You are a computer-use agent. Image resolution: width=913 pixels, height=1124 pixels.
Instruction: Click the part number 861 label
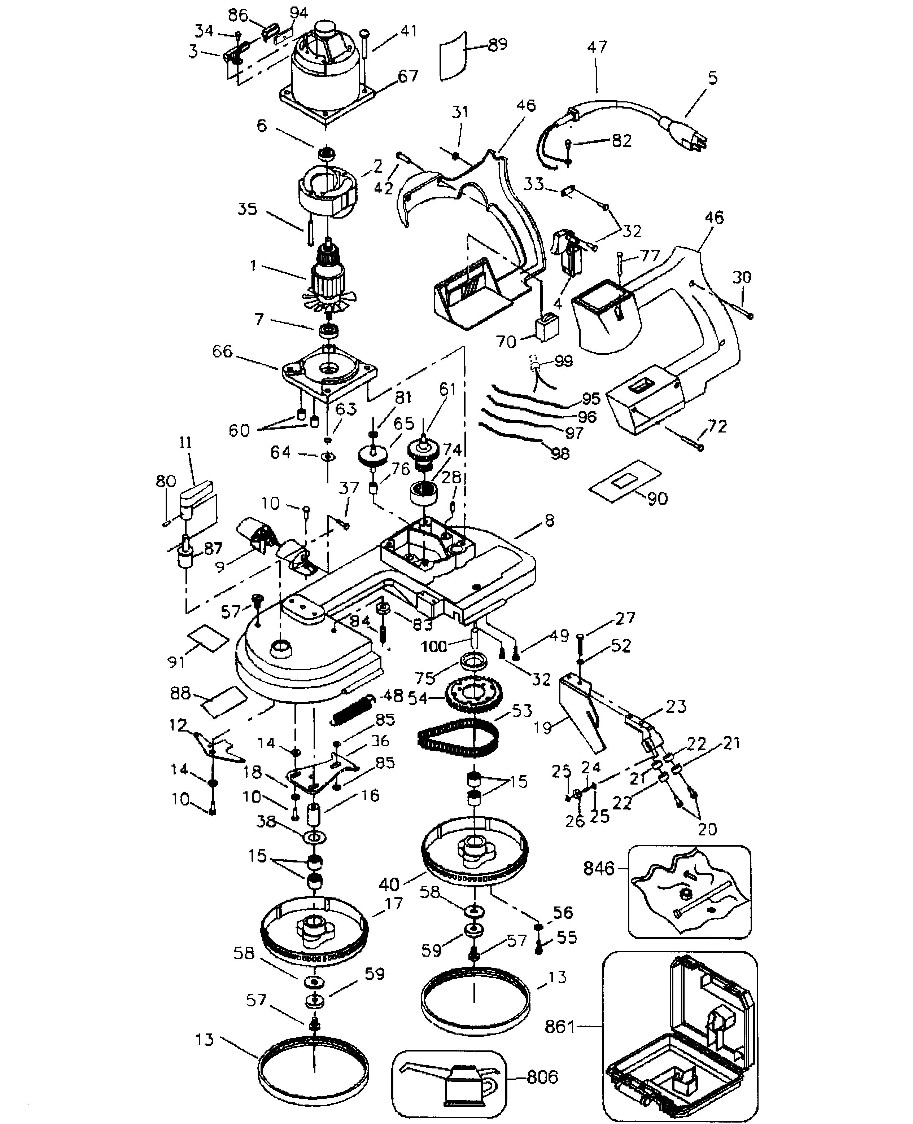[560, 1027]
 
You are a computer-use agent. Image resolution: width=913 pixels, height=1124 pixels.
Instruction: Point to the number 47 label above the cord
[597, 47]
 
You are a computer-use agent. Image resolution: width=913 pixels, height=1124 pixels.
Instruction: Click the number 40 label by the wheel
[389, 884]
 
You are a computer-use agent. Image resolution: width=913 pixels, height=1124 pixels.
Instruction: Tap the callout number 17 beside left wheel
[393, 903]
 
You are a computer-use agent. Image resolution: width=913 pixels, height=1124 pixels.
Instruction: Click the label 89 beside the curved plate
[497, 45]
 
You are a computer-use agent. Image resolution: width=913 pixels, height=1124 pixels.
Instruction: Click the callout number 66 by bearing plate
[222, 351]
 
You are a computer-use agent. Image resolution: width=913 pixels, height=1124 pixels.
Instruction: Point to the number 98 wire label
[560, 453]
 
